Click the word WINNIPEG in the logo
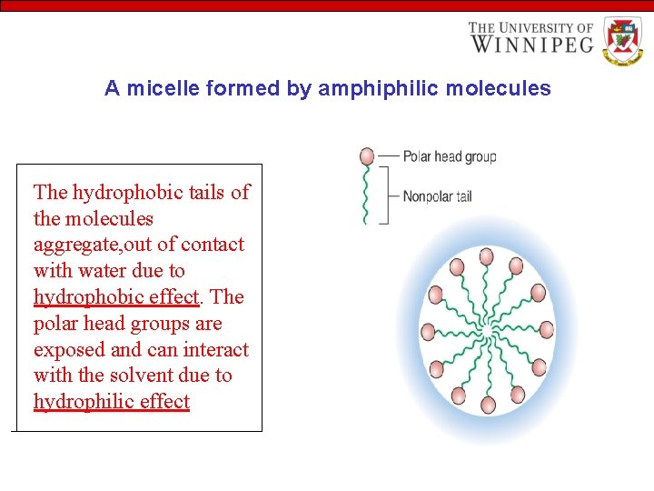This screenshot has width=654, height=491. point(531,43)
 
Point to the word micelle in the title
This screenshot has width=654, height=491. point(163,88)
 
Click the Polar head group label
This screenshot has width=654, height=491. point(449,156)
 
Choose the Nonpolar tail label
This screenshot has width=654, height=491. point(437,195)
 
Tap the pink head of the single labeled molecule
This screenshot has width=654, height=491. point(366,156)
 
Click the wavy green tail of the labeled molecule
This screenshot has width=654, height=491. point(366,195)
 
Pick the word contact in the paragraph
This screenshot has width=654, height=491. point(213,245)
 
